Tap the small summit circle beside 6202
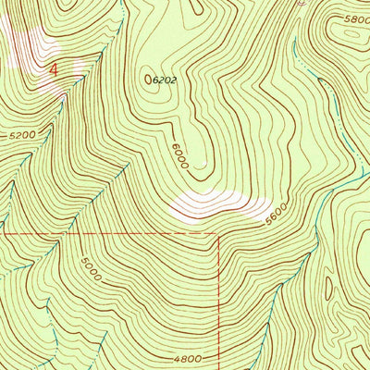[149, 80]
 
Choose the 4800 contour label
[186, 358]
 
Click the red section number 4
[54, 68]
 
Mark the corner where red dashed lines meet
[219, 234]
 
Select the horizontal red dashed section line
[111, 234]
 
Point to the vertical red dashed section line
[219, 296]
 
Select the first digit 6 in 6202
[157, 80]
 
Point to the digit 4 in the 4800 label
[175, 358]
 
